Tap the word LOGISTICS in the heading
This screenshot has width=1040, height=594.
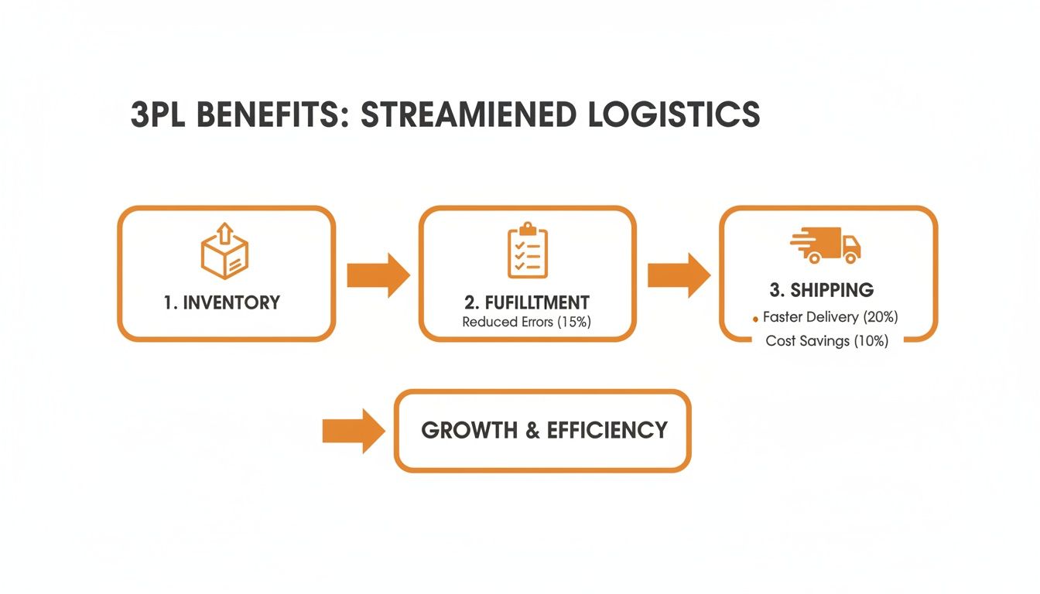click(x=673, y=114)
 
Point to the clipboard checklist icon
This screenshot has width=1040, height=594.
click(x=527, y=251)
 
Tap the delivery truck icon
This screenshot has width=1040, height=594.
click(x=826, y=245)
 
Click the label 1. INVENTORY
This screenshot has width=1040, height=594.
click(x=222, y=302)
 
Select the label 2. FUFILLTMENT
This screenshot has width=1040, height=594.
click(x=526, y=302)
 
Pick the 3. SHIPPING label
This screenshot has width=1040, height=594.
click(x=822, y=290)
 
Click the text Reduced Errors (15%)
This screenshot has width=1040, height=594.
click(x=526, y=322)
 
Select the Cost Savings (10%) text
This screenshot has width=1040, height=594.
click(x=827, y=341)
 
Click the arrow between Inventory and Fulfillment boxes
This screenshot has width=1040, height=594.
click(x=378, y=275)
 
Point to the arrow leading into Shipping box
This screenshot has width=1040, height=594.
click(x=678, y=275)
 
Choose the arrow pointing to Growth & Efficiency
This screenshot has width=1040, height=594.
click(x=353, y=431)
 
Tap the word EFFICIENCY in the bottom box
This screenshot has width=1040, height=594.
click(x=607, y=430)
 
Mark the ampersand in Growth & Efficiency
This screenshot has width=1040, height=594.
click(x=532, y=430)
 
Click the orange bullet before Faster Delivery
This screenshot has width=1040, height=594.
click(x=755, y=319)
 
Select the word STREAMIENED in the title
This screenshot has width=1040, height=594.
click(x=469, y=114)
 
